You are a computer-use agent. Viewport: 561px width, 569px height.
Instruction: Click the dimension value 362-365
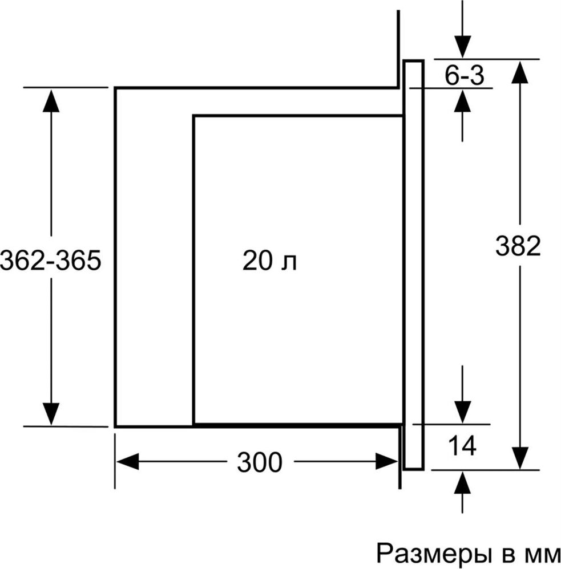(50, 261)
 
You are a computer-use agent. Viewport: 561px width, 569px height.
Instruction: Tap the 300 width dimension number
(260, 462)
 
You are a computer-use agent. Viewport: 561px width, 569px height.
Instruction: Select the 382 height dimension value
(518, 246)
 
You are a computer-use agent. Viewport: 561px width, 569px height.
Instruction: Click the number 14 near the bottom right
(462, 446)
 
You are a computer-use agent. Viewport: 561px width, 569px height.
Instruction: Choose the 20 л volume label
(269, 261)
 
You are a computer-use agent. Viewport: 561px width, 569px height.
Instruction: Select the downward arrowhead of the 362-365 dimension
(51, 413)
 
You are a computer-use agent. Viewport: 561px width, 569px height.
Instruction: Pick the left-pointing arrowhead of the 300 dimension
(128, 461)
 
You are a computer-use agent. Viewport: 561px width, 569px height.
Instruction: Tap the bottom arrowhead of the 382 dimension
(519, 457)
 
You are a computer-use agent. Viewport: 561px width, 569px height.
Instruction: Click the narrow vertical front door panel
(413, 265)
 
